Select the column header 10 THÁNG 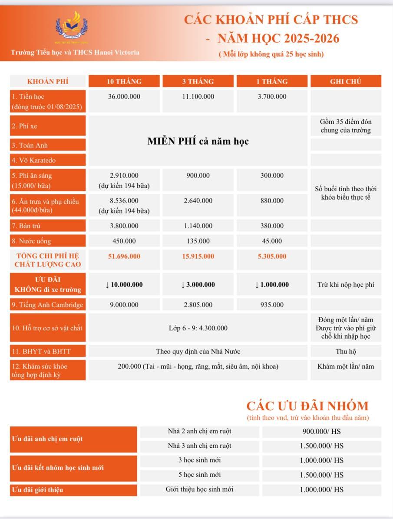point(124,81)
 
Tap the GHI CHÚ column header point(345,81)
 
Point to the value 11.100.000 point(198,96)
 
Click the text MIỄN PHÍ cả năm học point(198,141)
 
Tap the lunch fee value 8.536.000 point(124,201)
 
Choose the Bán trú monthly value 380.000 point(272,226)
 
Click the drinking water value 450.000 point(124,241)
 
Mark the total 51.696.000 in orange point(124,256)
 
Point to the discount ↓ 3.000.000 point(198,285)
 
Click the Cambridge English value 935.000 point(272,305)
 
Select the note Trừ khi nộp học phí point(345,285)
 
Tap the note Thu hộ point(345,351)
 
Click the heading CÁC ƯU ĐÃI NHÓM point(307,406)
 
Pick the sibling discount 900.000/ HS point(321,432)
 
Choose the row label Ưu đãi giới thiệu point(37,490)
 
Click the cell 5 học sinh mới point(199,474)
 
